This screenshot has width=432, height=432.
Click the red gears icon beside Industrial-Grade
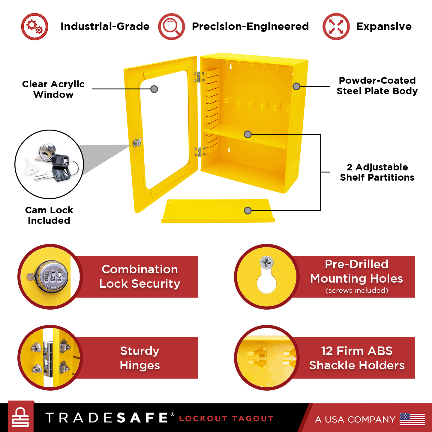(x=35, y=26)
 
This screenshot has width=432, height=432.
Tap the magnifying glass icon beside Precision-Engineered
(x=172, y=26)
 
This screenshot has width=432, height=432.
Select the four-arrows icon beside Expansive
(x=336, y=26)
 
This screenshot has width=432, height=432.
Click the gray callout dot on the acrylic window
(x=154, y=89)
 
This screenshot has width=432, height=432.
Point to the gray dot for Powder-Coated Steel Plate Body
(x=296, y=86)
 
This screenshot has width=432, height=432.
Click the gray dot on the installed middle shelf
(x=248, y=134)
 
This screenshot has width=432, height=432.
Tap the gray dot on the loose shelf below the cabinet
(x=248, y=211)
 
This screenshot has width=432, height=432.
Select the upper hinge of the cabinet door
(x=199, y=77)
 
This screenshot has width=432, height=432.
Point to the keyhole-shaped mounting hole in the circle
(x=267, y=283)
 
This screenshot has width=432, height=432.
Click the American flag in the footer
(x=412, y=419)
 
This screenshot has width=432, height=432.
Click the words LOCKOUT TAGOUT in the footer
(x=226, y=419)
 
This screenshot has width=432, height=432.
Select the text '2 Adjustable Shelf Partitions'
(x=377, y=172)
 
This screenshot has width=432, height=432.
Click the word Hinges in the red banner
(x=140, y=365)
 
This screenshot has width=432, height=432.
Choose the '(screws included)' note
(x=357, y=290)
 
